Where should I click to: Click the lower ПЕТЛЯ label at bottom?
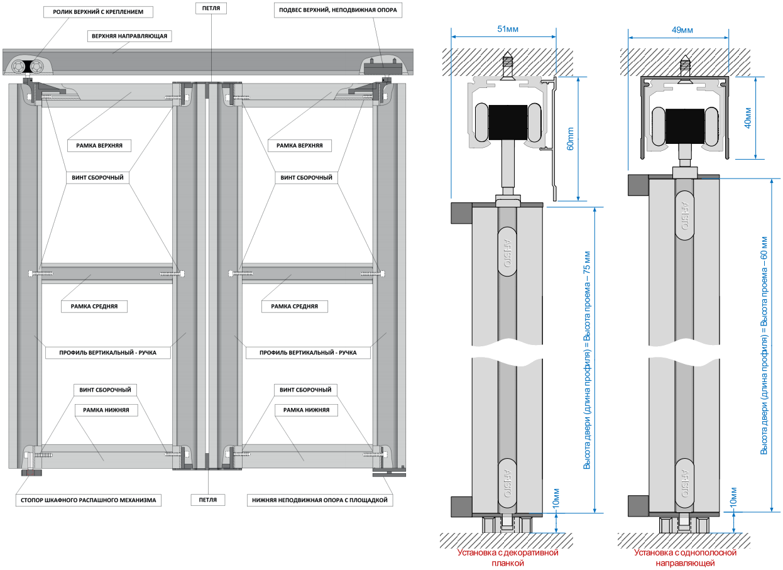click(x=211, y=500)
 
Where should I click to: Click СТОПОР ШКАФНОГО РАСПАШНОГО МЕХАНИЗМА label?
click(x=88, y=500)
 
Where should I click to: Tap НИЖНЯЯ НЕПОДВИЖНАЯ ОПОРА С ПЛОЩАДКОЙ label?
click(x=320, y=500)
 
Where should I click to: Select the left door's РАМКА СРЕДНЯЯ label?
click(x=94, y=307)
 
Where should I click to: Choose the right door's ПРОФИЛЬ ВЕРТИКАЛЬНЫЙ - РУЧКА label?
click(x=308, y=353)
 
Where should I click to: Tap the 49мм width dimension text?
click(x=682, y=30)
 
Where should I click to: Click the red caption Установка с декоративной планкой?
click(x=508, y=558)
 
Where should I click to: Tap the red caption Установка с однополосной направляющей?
click(x=685, y=558)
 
